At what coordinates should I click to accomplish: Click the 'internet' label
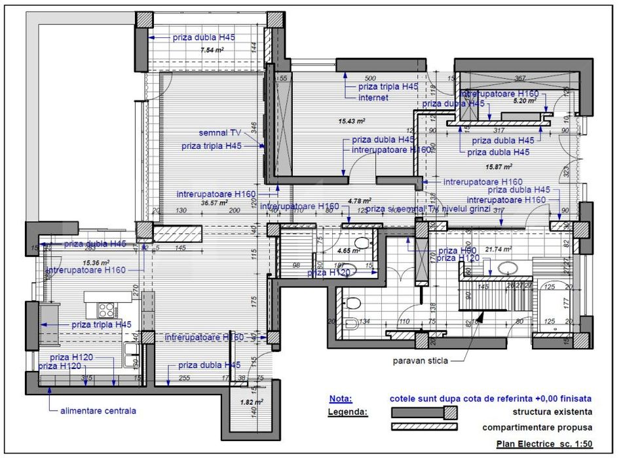coord(373,98)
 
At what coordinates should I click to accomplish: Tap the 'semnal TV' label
coord(220,132)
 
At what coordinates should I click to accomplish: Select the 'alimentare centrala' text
coord(98,411)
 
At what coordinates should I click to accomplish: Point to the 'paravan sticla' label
coord(421,361)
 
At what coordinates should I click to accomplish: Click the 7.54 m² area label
coord(212,50)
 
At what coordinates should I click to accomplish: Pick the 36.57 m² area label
coord(213,202)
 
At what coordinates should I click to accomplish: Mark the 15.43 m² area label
coord(352,121)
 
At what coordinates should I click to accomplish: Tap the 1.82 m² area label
coord(252,402)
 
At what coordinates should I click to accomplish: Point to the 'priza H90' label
coord(457,250)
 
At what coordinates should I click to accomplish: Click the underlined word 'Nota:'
coord(340,398)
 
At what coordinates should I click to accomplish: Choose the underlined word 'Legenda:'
coord(347,412)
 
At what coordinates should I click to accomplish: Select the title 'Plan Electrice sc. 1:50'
coord(544,444)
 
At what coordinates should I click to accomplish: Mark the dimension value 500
coord(369,79)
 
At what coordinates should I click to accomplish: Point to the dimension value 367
coord(520,79)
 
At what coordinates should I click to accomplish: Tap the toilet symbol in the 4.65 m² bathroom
coord(359,244)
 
